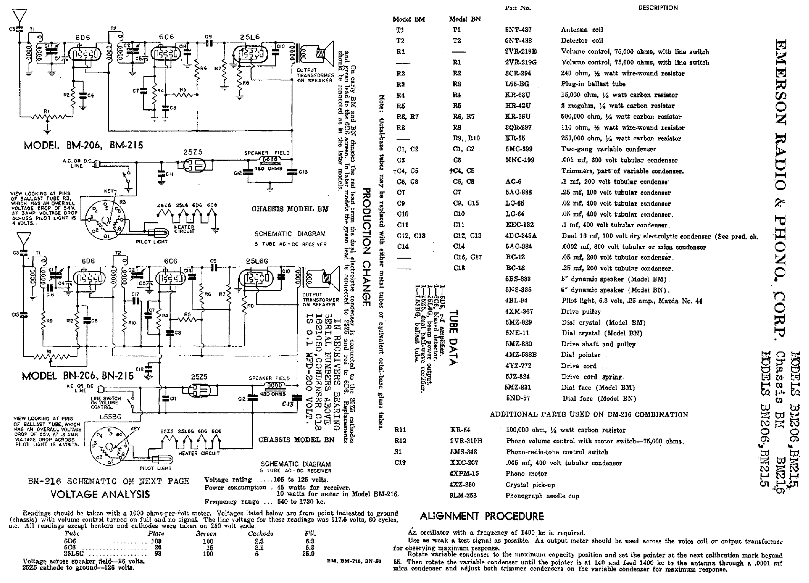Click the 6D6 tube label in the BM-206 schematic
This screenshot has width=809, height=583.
(83, 37)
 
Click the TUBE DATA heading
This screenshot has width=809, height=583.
(453, 338)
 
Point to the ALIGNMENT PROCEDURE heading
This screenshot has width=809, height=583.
(481, 516)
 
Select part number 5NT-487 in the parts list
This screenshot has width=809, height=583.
(518, 30)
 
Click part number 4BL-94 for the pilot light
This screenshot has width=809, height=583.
(516, 301)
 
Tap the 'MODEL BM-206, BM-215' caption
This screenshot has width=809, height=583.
(84, 145)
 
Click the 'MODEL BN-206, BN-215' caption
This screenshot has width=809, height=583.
(78, 376)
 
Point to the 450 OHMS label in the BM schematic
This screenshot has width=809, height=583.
(268, 168)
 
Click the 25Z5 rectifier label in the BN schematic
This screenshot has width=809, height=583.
(199, 377)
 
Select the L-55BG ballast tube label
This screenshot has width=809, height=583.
(110, 416)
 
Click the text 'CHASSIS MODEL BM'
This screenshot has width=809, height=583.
(290, 209)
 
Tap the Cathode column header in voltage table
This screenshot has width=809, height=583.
(261, 534)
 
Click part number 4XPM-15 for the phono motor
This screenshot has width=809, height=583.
(464, 473)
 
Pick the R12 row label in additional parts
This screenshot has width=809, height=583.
(400, 441)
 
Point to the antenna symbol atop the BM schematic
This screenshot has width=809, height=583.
(19, 16)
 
